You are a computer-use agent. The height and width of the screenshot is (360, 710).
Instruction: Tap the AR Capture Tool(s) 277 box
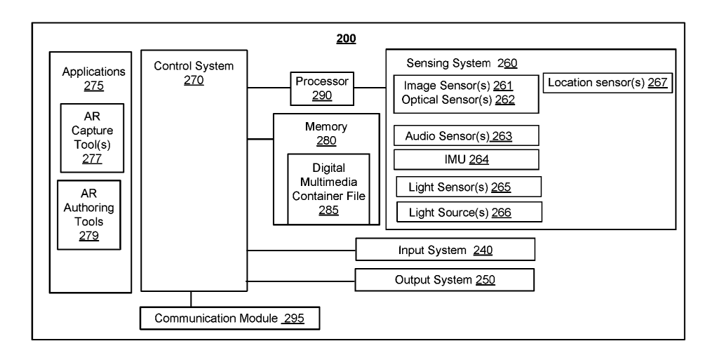coord(92,138)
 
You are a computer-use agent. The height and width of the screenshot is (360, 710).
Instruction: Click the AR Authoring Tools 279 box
coord(89,215)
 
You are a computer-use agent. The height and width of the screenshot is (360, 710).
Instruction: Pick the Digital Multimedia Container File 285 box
coord(328,189)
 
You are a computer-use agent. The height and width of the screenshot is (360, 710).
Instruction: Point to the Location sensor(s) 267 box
coord(608,83)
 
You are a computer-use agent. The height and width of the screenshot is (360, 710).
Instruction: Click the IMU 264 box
coord(466,159)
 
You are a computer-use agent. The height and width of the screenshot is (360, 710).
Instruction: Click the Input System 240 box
coord(446,250)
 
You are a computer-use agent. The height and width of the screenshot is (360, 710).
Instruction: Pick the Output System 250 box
coord(446,280)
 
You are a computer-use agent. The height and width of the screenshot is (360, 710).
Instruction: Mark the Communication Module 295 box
coord(231,318)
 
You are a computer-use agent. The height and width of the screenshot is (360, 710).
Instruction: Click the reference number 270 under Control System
coord(193,81)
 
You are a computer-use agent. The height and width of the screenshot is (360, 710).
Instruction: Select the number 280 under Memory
coord(326,140)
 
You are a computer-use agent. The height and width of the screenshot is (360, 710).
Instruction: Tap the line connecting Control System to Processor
coord(269,88)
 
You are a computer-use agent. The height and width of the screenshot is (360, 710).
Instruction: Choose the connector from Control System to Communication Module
coord(191,298)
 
